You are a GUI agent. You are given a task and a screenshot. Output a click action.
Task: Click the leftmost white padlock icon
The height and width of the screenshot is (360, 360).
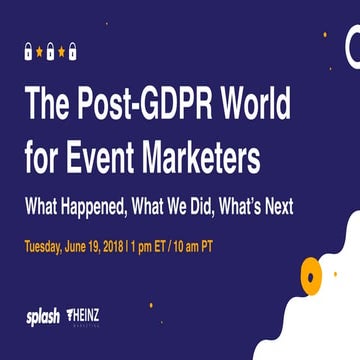pos(29,51)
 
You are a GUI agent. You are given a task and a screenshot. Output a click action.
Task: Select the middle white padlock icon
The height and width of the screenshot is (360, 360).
pos(50,51)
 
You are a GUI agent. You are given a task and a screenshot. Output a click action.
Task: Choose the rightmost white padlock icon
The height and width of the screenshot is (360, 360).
pos(72,51)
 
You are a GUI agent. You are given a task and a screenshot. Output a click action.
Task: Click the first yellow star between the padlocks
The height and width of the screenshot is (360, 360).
pos(40,52)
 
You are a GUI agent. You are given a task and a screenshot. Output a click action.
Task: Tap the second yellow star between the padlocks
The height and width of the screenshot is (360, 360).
pos(61,52)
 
